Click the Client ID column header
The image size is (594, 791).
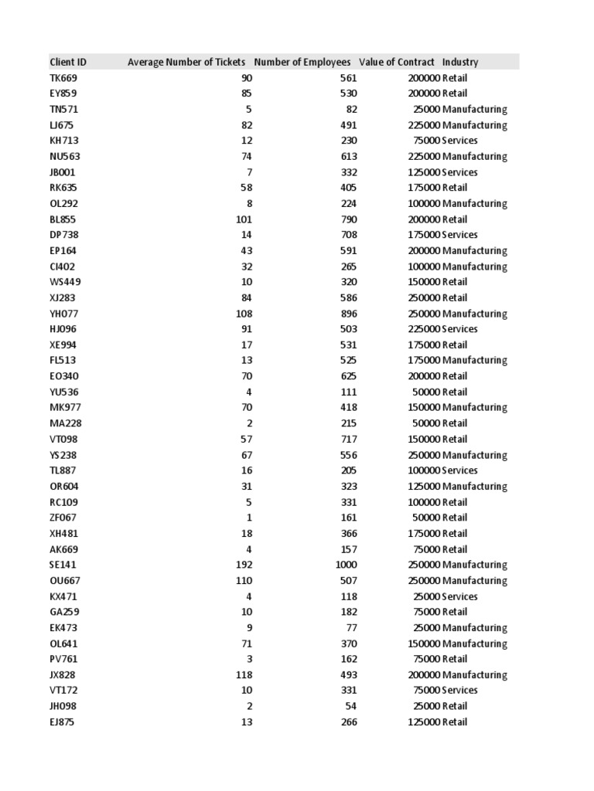coord(68,62)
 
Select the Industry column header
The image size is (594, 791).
coord(460,62)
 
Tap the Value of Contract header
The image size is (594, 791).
coord(397,62)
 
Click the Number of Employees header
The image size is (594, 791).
coord(302,62)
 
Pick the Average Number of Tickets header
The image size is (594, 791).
coord(186,62)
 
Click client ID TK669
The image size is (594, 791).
coord(63,78)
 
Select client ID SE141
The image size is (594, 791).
coord(63,565)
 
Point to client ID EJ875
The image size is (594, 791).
coord(63,722)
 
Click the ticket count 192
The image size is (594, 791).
coord(244,565)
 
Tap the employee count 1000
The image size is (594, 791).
coord(346,565)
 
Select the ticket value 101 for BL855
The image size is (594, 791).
coord(244,219)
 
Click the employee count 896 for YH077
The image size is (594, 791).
coord(349,314)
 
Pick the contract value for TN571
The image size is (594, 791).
coord(427,110)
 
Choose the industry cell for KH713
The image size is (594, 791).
coord(460,141)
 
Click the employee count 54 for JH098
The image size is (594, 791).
coord(351,706)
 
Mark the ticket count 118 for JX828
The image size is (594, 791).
coord(244,674)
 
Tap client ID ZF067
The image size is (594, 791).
coord(63,518)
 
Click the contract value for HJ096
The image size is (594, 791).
coord(424,329)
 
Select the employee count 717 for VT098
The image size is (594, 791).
coord(349,439)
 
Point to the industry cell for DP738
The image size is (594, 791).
coord(460,235)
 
